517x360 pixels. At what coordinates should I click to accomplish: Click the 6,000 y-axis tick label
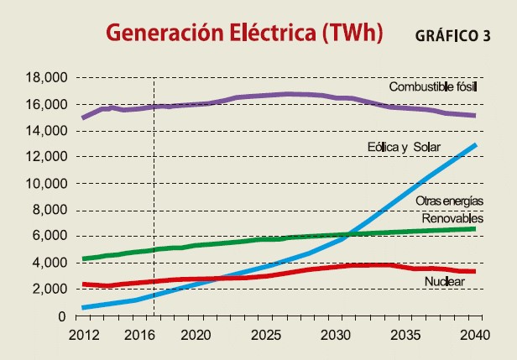(47, 237)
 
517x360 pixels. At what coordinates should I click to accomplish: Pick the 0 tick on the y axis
(60, 316)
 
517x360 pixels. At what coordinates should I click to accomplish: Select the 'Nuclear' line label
(444, 282)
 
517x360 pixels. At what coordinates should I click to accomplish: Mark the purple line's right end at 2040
(476, 116)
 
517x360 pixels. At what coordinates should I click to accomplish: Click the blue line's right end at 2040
(476, 145)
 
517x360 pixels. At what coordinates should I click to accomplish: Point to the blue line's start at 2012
(82, 307)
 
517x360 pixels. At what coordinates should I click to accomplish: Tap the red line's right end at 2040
(476, 271)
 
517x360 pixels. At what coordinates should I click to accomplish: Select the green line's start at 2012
(82, 258)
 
